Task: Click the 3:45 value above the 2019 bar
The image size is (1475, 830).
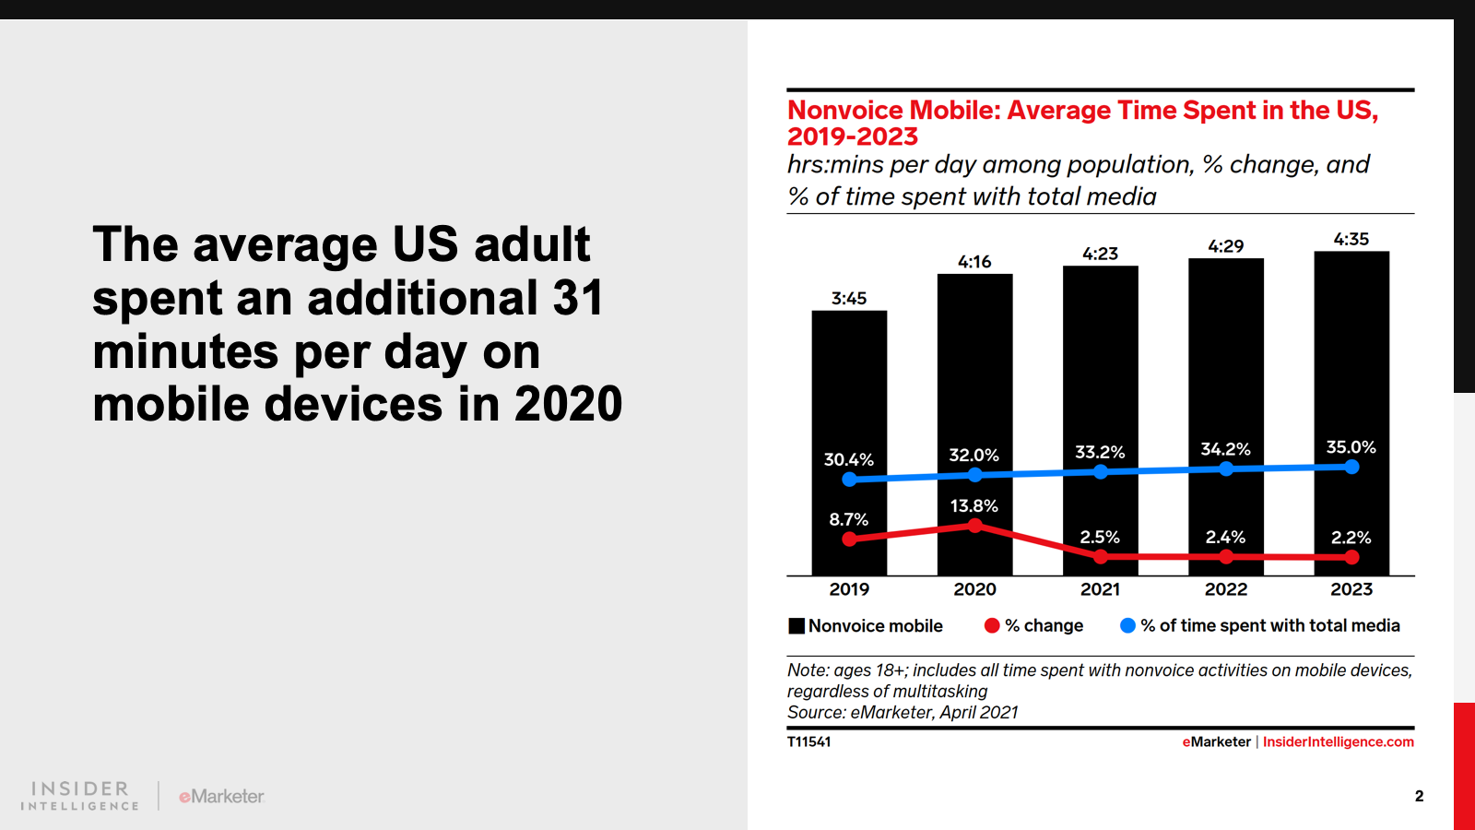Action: click(849, 298)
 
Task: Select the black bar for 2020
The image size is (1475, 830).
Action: click(974, 369)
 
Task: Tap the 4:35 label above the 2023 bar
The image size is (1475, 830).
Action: click(1351, 239)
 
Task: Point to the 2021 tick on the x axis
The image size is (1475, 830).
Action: click(1100, 589)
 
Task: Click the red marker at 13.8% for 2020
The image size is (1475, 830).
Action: click(975, 526)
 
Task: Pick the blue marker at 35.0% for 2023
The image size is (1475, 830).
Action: click(1351, 467)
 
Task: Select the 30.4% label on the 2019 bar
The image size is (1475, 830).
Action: click(848, 459)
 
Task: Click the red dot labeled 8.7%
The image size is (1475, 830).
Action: click(849, 539)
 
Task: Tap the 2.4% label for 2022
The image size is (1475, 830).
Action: click(1225, 537)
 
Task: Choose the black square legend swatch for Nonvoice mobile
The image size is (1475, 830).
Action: click(796, 626)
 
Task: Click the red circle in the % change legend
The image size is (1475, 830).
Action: click(992, 625)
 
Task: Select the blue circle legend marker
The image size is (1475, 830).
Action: click(1127, 625)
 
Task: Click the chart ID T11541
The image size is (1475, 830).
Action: click(808, 741)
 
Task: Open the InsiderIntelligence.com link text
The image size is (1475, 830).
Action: click(1338, 741)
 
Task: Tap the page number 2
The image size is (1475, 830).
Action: click(1419, 796)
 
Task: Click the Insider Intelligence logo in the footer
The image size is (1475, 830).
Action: click(80, 796)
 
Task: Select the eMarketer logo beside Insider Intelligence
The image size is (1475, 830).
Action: click(221, 796)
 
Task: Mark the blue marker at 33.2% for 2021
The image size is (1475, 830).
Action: click(1101, 471)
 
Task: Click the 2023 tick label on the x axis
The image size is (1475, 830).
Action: click(1351, 589)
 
